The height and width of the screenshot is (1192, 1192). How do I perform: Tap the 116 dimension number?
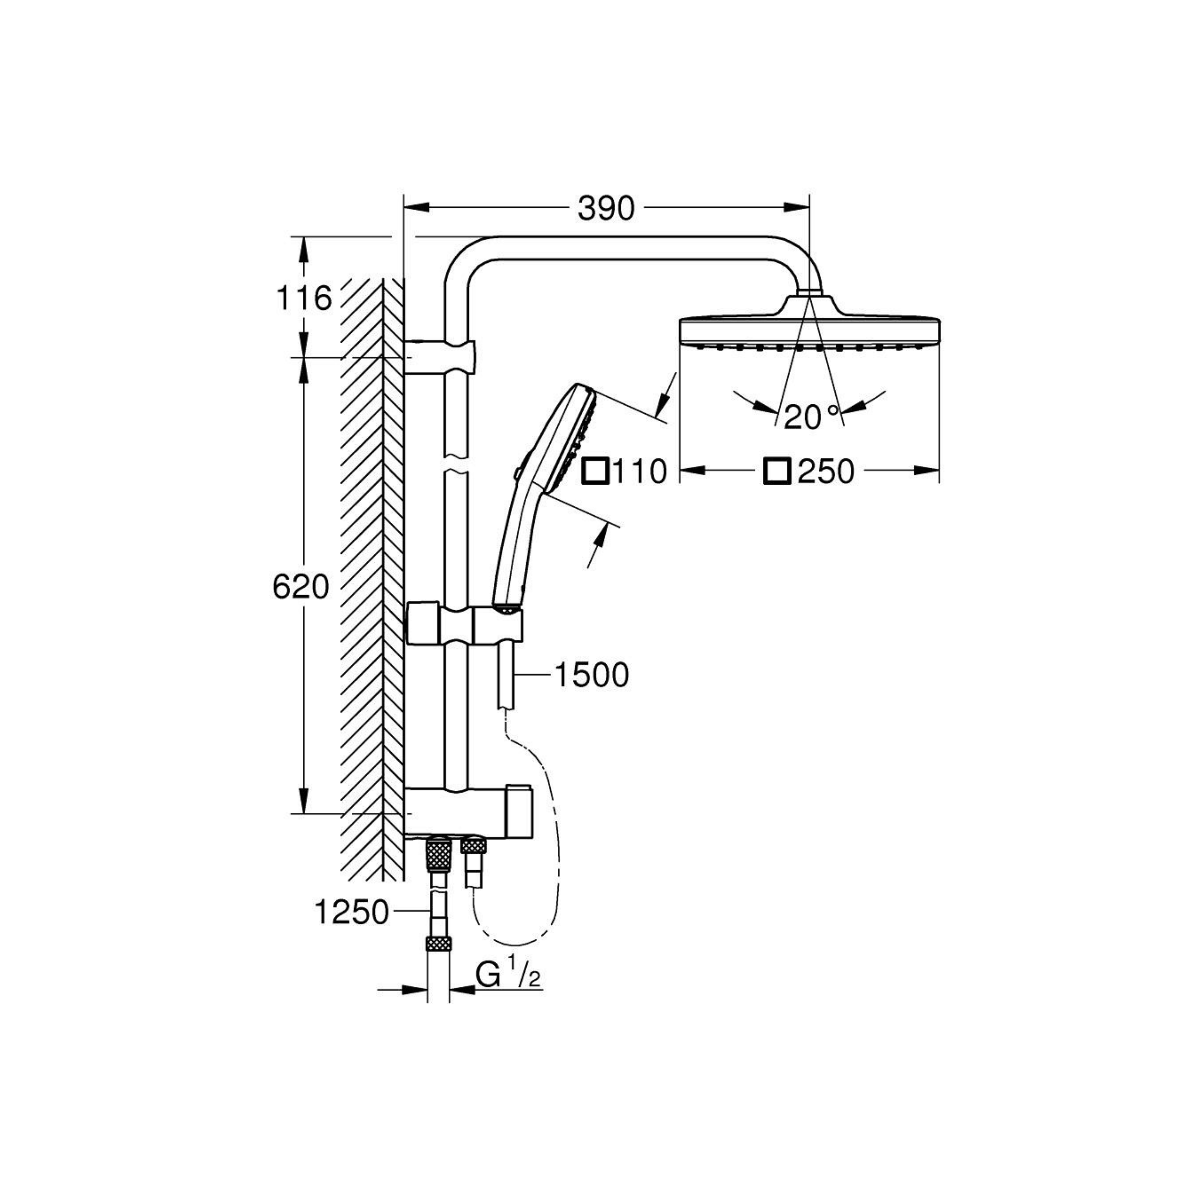coord(303,298)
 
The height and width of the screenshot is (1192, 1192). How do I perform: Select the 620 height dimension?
coord(301,587)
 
